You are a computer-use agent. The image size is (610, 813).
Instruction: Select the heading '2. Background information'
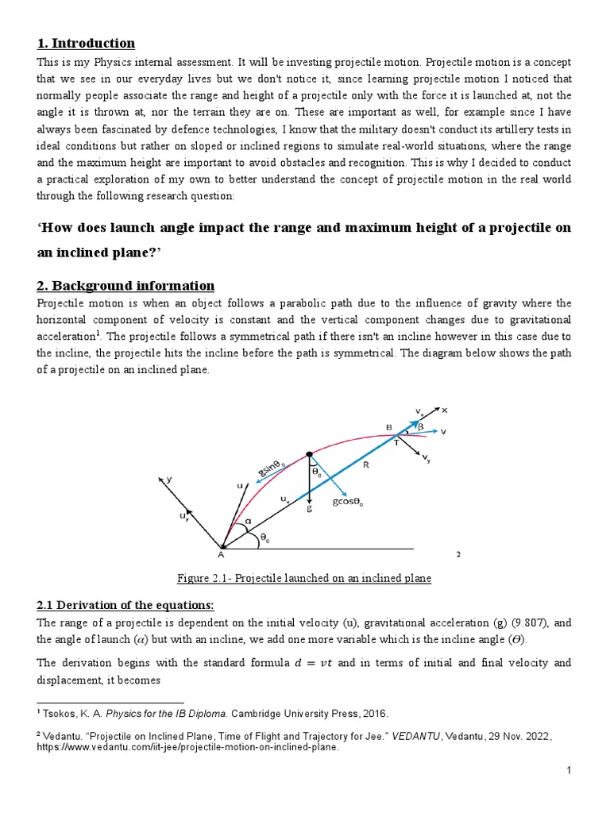point(125,285)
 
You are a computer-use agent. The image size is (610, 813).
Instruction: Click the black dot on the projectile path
point(309,455)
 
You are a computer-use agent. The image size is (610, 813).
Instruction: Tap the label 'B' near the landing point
point(389,427)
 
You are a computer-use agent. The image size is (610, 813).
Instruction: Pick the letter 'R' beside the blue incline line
point(366,465)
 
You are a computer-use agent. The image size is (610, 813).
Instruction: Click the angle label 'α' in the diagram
point(247,524)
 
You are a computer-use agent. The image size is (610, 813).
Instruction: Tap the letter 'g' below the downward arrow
point(309,509)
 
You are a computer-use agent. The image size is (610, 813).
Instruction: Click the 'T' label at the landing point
point(396,444)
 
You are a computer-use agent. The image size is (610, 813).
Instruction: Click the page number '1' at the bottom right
point(569,792)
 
